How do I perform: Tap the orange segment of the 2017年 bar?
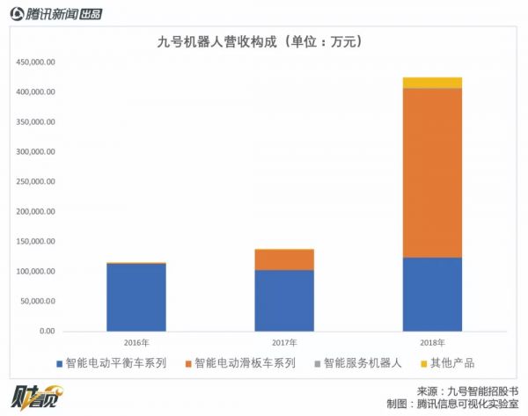coord(284,259)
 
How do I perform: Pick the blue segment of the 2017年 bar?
coord(284,300)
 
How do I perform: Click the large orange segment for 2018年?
coord(432,172)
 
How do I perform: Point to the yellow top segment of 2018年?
coord(432,83)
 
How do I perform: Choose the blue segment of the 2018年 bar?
coord(432,294)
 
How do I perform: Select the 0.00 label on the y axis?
coord(47,332)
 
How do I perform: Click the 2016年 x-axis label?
coord(136,341)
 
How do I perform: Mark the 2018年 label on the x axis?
coord(432,341)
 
